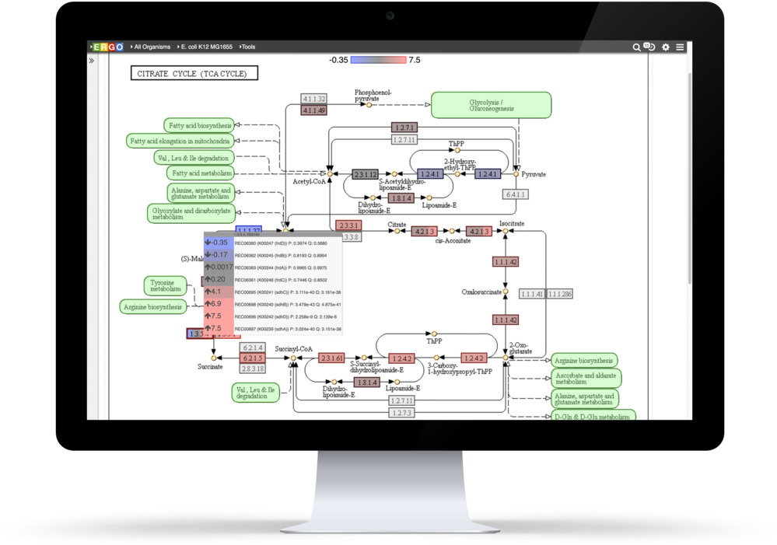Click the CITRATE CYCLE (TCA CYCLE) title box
194,74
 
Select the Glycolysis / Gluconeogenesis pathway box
491,105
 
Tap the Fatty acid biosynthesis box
199,125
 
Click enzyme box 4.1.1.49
313,111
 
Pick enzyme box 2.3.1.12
365,174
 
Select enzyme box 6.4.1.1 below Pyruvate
515,194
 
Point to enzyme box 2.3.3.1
348,225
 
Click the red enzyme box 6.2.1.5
253,358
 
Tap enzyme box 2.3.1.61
331,358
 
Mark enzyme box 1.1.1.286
559,294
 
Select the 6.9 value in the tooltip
216,304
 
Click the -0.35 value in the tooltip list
219,243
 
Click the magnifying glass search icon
637,47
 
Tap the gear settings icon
666,47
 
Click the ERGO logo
108,47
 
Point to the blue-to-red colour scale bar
378,60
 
